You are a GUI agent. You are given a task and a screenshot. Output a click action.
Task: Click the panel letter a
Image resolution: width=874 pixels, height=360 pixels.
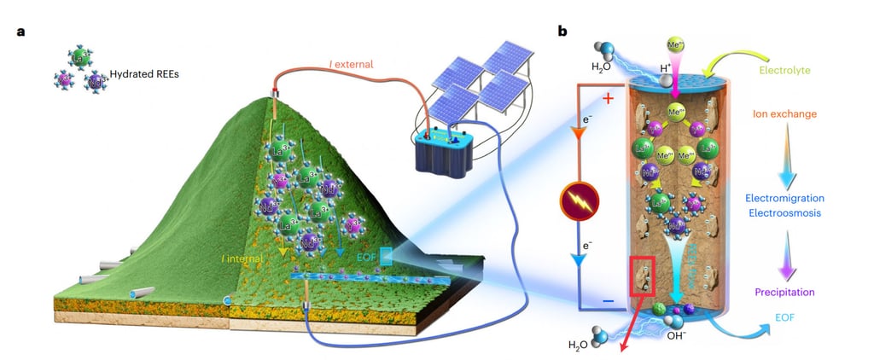(19, 32)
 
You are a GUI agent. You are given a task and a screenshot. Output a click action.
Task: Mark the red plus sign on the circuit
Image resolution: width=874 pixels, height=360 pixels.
(610, 99)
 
